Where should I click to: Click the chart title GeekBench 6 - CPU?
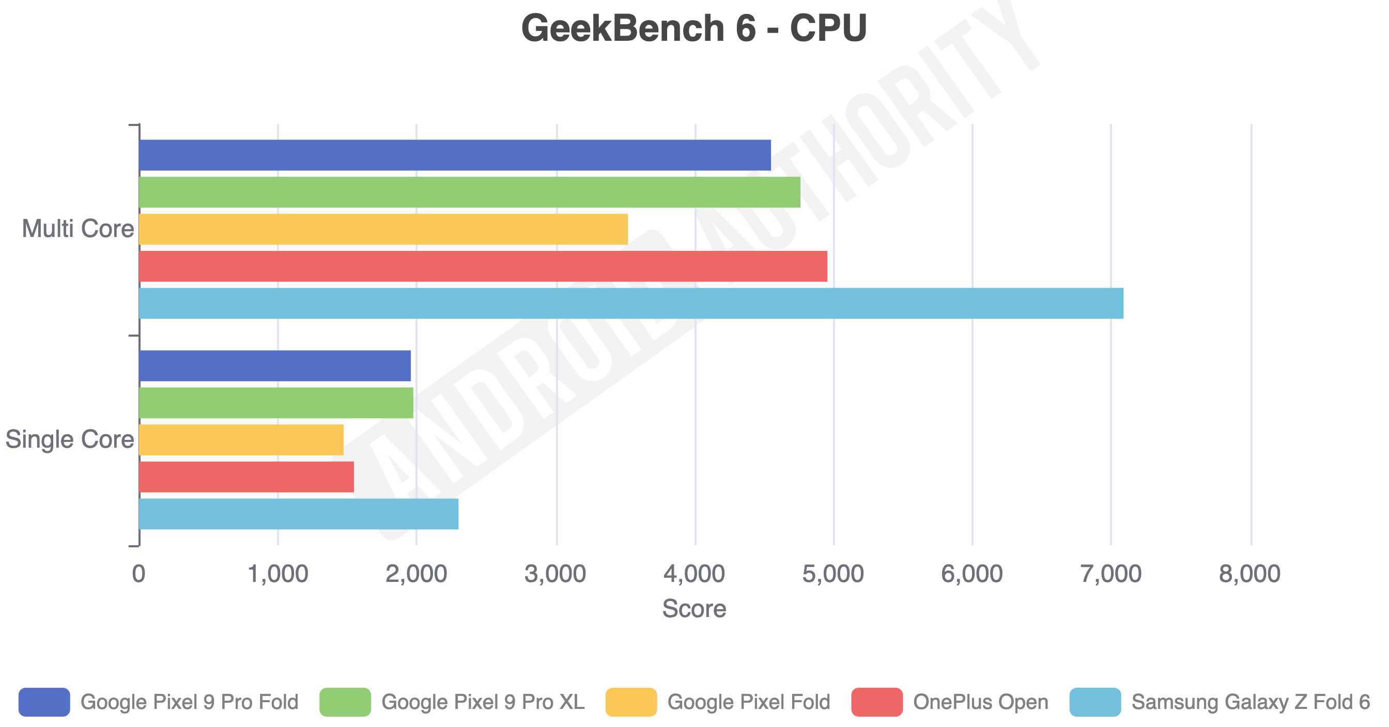[x=693, y=28]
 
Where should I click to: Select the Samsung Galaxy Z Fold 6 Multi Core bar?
[x=631, y=303]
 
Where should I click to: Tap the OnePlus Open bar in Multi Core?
[x=483, y=266]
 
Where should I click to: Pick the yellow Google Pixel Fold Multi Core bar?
[x=383, y=229]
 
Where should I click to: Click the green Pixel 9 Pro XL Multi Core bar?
[x=469, y=192]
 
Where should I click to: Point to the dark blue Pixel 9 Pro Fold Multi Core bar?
[x=455, y=155]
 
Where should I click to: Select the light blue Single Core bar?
[x=298, y=514]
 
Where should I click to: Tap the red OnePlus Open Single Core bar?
[x=246, y=477]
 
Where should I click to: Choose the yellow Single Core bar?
[x=241, y=440]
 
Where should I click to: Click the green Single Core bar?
[x=275, y=403]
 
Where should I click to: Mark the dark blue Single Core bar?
[x=274, y=366]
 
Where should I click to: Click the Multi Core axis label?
[x=78, y=229]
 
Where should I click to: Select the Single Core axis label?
[x=70, y=439]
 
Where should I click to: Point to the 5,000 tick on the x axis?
[x=833, y=574]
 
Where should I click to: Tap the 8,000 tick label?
[x=1249, y=574]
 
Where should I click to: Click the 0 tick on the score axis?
[x=138, y=574]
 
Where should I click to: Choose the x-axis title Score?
[x=694, y=608]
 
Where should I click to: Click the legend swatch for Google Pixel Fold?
[x=631, y=702]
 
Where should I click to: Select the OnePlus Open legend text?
[x=980, y=702]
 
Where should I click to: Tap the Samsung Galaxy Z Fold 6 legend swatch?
[x=1094, y=702]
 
